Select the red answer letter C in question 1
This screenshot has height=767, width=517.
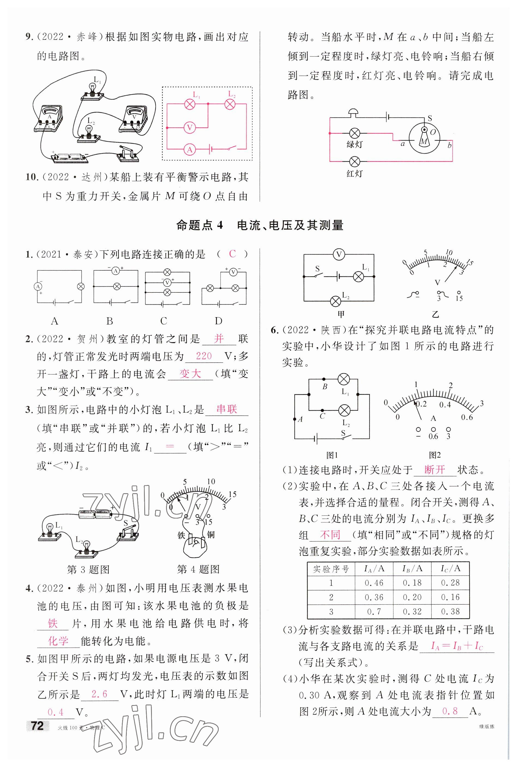pyautogui.click(x=232, y=254)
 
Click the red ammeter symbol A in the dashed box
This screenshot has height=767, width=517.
pyautogui.click(x=190, y=150)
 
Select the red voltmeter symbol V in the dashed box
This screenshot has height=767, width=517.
pyautogui.click(x=190, y=128)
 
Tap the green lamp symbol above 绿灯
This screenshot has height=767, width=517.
pyautogui.click(x=354, y=133)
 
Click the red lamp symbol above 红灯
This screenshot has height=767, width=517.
pyautogui.click(x=354, y=161)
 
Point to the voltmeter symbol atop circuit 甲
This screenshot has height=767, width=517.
pyautogui.click(x=339, y=254)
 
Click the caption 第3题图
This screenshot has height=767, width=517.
pyautogui.click(x=88, y=569)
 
